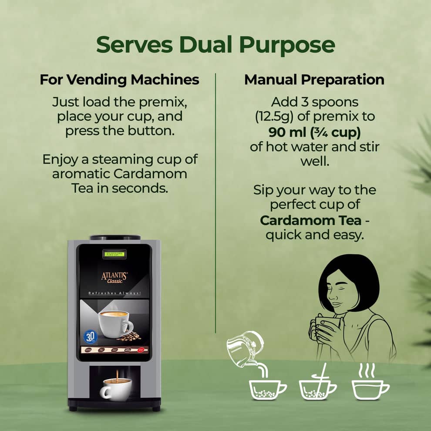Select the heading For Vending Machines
click(119, 80)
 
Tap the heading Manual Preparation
click(314, 80)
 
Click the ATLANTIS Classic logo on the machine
click(114, 276)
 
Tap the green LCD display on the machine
click(114, 253)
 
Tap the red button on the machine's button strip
click(141, 349)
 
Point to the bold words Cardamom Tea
click(310, 220)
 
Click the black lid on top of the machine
click(115, 238)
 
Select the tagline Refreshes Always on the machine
click(114, 293)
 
